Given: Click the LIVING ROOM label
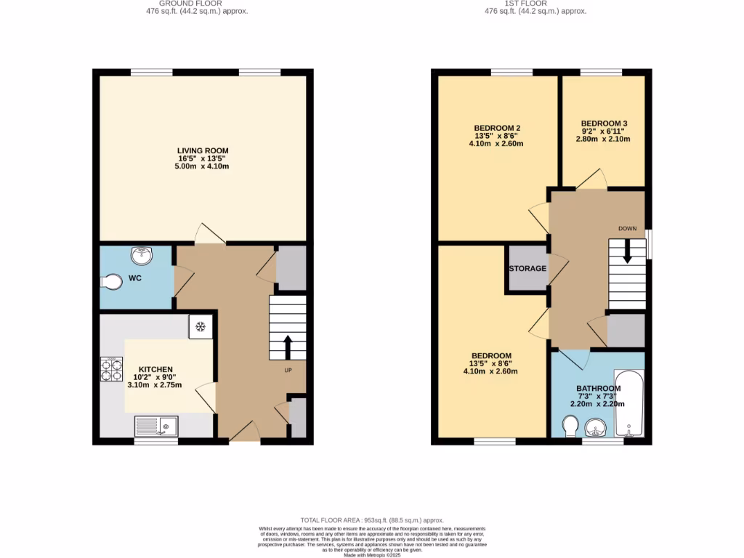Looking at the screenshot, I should (x=203, y=150).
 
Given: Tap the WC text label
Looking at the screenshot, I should (x=135, y=278).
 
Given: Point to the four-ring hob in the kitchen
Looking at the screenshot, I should (x=111, y=371).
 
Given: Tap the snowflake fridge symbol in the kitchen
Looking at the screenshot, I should (x=201, y=327).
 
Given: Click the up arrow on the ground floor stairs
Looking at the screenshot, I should (x=288, y=347).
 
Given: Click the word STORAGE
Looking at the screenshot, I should (x=527, y=269).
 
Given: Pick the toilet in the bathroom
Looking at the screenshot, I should (x=571, y=424).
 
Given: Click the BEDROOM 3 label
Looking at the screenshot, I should (x=604, y=124).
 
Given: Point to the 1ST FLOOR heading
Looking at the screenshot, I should (x=527, y=4).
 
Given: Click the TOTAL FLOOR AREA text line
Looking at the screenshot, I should (x=372, y=520).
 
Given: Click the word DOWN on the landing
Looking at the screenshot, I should (x=628, y=228).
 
